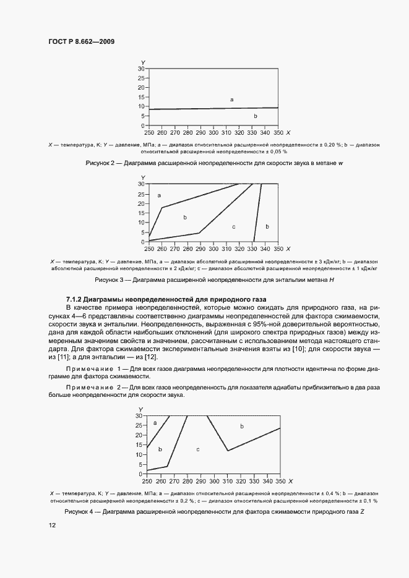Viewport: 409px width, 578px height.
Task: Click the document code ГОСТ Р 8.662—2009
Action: pyautogui.click(x=82, y=41)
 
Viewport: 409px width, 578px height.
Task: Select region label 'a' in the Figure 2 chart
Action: pyautogui.click(x=231, y=100)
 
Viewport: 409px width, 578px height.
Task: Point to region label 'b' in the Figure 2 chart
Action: pyautogui.click(x=255, y=116)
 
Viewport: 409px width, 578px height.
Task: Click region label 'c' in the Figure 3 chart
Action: pyautogui.click(x=233, y=227)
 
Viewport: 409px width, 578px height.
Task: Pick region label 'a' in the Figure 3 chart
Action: pyautogui.click(x=159, y=195)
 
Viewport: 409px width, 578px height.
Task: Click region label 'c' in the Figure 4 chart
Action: pyautogui.click(x=197, y=449)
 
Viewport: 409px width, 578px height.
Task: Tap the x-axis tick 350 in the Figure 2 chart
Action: pyautogui.click(x=278, y=133)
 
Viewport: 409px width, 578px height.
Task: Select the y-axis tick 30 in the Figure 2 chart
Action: pyautogui.click(x=141, y=69)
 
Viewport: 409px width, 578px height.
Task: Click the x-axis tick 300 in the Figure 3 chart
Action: pyautogui.click(x=213, y=249)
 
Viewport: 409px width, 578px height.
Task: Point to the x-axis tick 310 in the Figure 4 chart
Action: pyautogui.click(x=226, y=481)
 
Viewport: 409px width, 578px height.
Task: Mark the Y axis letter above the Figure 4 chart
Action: pyautogui.click(x=142, y=410)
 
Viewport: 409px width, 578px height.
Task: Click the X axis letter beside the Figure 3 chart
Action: pyautogui.click(x=289, y=249)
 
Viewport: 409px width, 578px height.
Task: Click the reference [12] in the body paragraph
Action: pyautogui.click(x=152, y=357)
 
